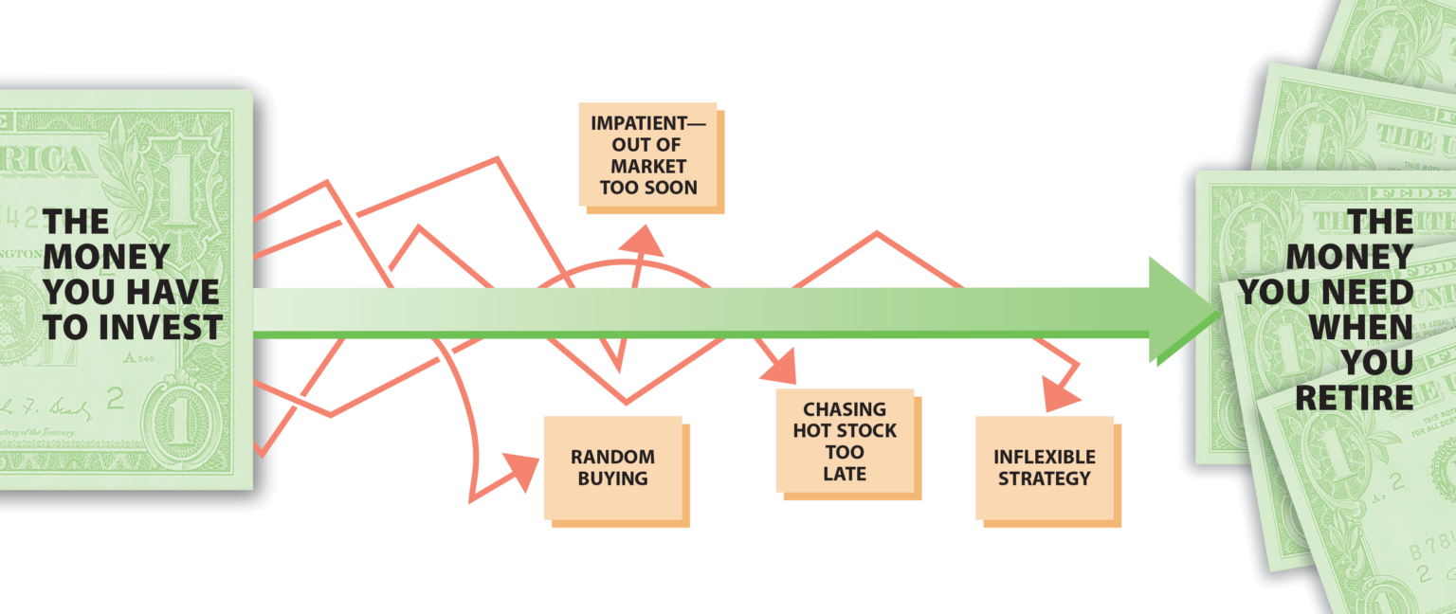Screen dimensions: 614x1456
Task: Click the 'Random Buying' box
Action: (x=613, y=467)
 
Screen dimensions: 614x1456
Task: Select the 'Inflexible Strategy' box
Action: (x=1045, y=467)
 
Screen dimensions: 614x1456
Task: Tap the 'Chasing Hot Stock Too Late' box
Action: (x=845, y=441)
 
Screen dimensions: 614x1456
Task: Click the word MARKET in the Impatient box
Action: (x=648, y=166)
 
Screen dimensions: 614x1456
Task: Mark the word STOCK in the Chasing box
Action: (x=867, y=430)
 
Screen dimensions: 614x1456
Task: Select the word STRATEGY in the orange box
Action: (x=1045, y=478)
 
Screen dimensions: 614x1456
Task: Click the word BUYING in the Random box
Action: (x=613, y=479)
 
